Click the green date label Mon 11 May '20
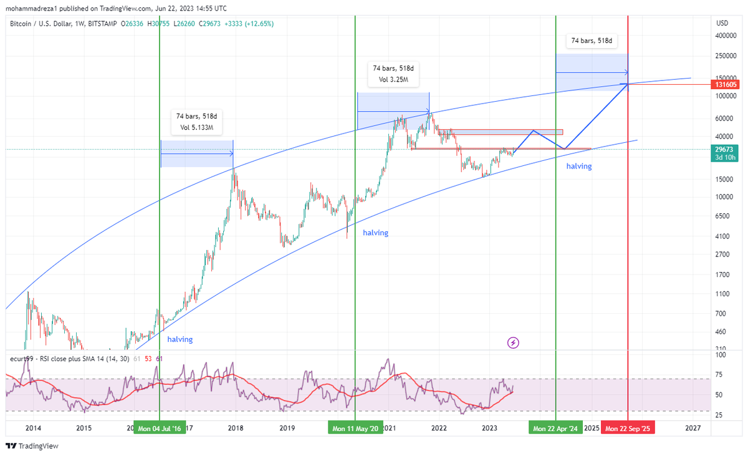(x=355, y=429)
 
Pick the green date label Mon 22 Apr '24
(x=555, y=429)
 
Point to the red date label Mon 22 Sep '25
(x=628, y=429)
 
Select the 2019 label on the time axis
(x=287, y=429)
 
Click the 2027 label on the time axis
(x=693, y=429)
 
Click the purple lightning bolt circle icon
(x=513, y=342)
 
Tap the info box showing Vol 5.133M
(x=196, y=122)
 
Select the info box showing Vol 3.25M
(x=392, y=74)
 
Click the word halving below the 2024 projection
(x=578, y=167)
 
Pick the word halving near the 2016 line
(x=180, y=339)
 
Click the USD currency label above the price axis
(x=722, y=23)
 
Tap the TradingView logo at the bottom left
(x=32, y=446)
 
